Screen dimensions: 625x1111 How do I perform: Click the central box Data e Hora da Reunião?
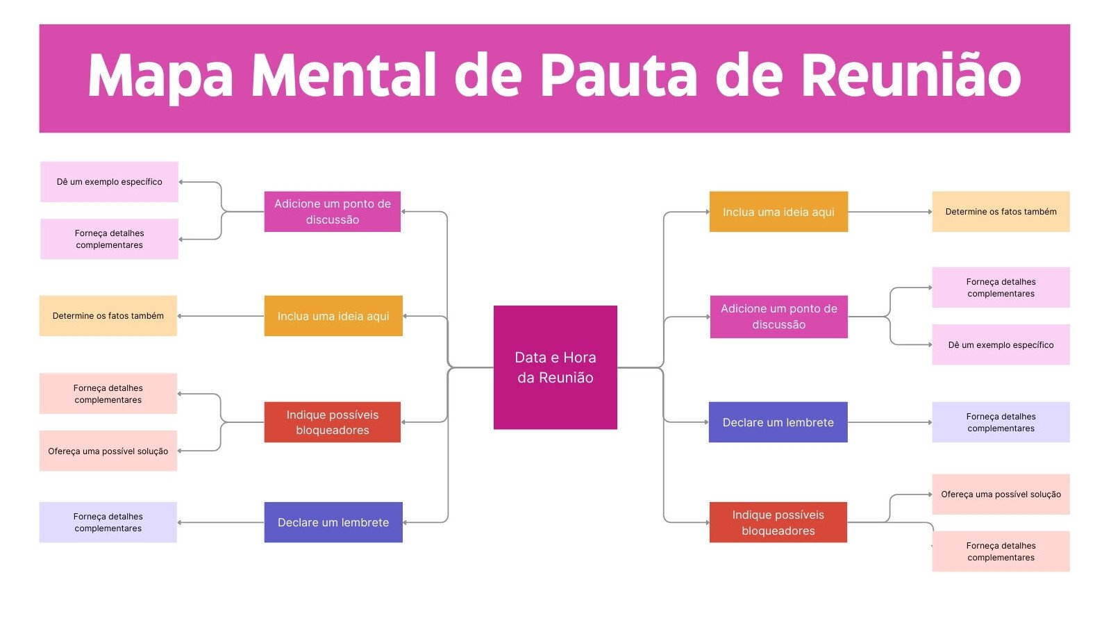555,367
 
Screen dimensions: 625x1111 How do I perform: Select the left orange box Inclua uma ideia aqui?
333,316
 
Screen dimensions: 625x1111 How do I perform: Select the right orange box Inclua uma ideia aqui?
778,212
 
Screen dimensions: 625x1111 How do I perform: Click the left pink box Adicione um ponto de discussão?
332,212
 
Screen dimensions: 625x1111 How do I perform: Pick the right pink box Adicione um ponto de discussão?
778,317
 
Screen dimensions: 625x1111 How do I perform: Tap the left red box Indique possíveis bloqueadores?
332,422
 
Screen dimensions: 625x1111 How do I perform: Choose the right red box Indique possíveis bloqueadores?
778,522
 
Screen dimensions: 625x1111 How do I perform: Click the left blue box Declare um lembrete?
333,522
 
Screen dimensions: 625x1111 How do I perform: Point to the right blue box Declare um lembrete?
778,422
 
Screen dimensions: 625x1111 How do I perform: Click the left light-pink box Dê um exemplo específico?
109,182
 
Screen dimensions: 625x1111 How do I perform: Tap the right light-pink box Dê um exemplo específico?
1001,344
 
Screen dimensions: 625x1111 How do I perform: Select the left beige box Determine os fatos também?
108,316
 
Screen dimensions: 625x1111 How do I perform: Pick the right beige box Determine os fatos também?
1001,212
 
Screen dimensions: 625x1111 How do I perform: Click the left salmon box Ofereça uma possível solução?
108,451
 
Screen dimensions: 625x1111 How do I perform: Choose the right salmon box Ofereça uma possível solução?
1001,494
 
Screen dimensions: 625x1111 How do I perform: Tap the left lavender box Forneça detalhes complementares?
108,522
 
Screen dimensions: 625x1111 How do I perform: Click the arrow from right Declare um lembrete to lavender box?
889,422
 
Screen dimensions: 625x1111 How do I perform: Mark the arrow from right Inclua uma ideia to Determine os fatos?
889,212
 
